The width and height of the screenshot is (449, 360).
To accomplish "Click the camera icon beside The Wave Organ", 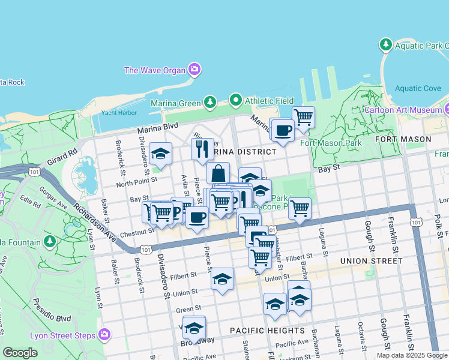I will [194, 70].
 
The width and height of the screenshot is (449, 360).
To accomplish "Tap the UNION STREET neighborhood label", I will [371, 260].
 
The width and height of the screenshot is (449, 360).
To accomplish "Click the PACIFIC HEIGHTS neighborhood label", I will [267, 331].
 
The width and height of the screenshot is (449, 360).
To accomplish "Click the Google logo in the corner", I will [20, 353].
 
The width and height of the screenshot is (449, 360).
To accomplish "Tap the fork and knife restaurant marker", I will [202, 148].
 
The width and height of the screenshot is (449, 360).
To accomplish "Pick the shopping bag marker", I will [218, 173].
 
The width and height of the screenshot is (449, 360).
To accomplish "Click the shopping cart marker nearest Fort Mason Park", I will [304, 116].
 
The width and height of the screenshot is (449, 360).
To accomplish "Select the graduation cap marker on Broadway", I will [194, 328].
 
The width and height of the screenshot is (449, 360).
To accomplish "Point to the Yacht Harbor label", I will [116, 112].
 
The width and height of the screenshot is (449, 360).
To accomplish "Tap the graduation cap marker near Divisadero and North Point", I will [160, 154].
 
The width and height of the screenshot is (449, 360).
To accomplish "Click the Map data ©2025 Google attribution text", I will [411, 355].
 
